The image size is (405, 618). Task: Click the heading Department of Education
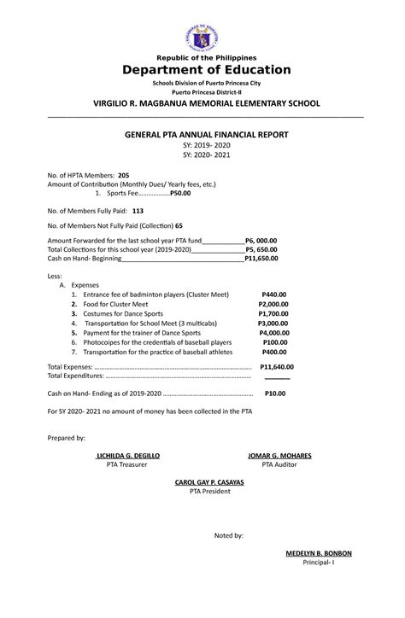[x=202, y=70]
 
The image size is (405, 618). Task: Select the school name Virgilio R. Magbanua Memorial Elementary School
[x=202, y=103]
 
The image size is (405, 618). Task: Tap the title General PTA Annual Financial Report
[x=202, y=135]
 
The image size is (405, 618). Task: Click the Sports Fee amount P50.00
[x=180, y=194]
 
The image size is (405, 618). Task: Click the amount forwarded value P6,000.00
[x=261, y=242]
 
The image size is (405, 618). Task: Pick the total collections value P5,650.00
[x=261, y=249]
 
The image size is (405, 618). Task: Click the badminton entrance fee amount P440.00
[x=274, y=294]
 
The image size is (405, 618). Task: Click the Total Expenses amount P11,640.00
[x=274, y=365]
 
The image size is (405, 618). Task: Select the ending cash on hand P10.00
[x=275, y=394]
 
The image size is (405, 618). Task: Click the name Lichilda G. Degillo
[x=127, y=456]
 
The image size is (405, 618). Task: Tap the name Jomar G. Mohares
[x=279, y=456]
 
